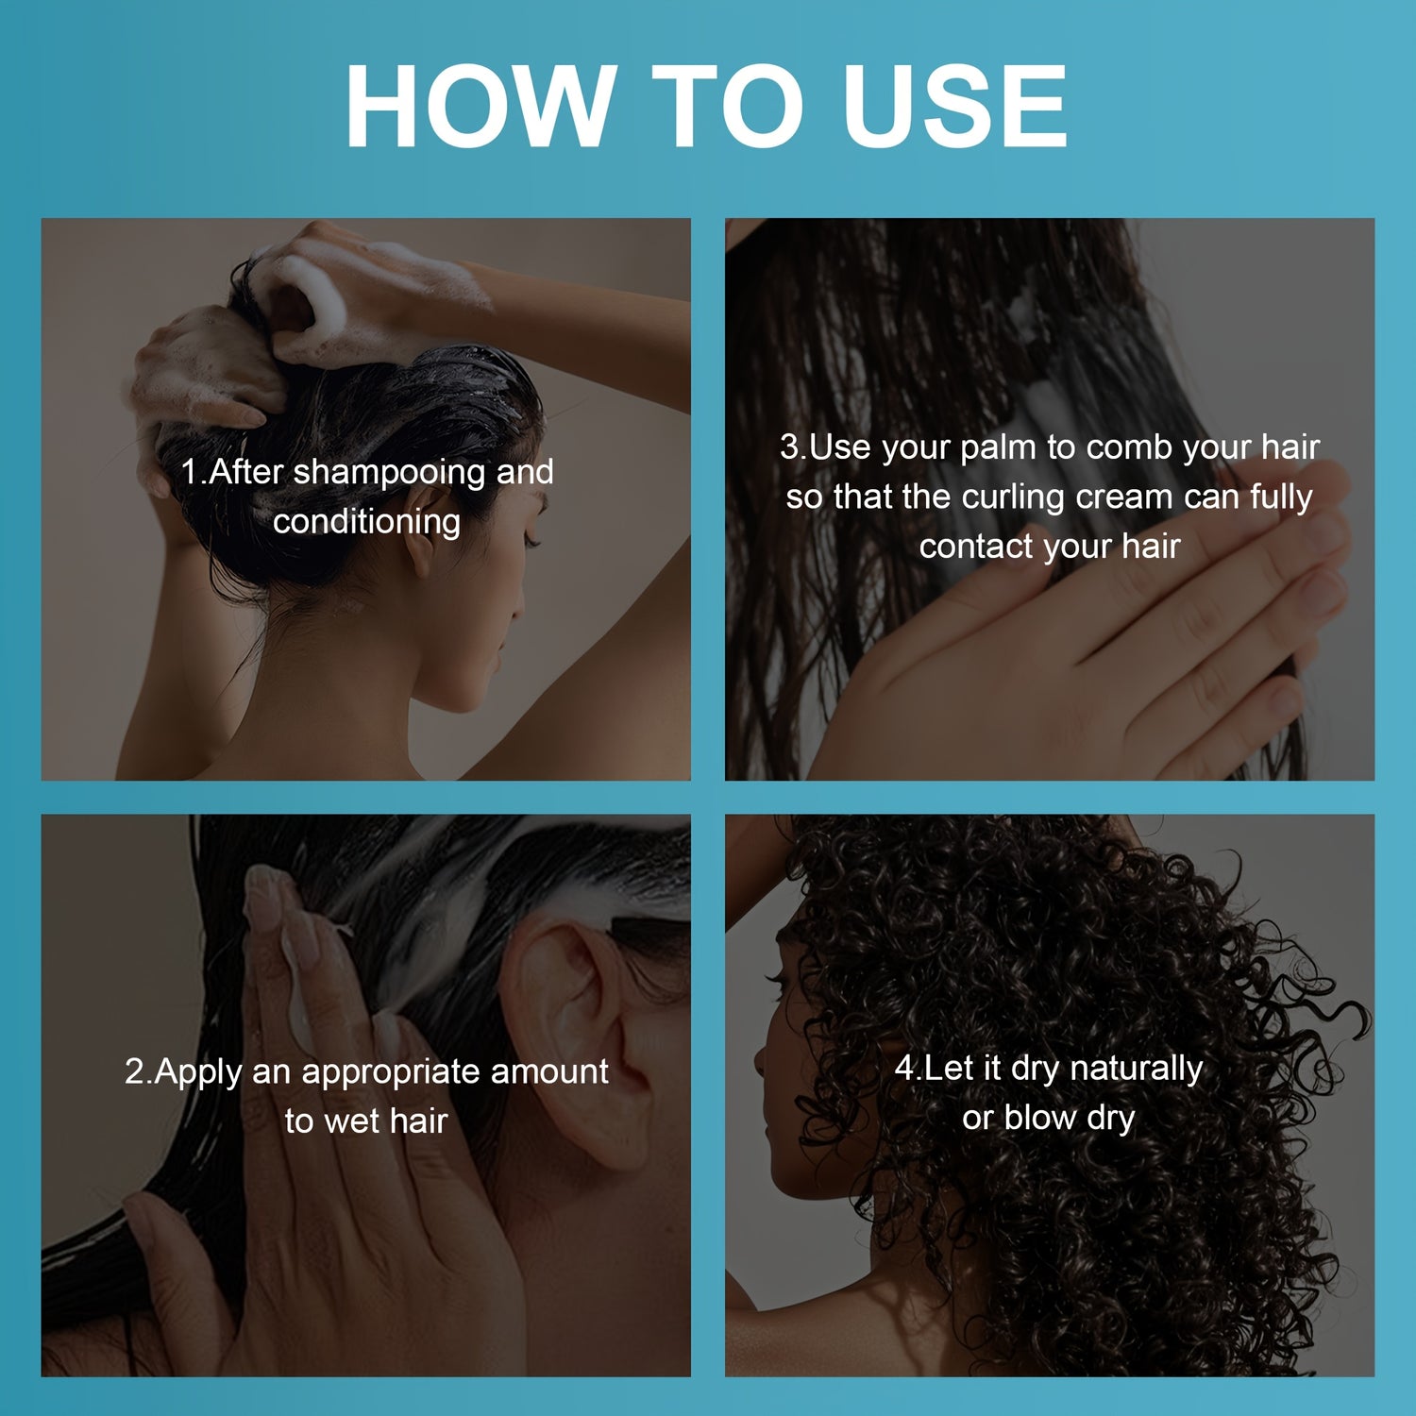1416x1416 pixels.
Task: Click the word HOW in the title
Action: point(480,106)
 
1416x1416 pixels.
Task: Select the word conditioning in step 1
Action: point(366,521)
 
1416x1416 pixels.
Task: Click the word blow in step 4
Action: point(1040,1118)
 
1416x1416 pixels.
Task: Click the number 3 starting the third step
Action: point(789,447)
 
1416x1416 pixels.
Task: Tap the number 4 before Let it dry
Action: point(904,1069)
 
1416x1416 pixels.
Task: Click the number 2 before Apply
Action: point(135,1072)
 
